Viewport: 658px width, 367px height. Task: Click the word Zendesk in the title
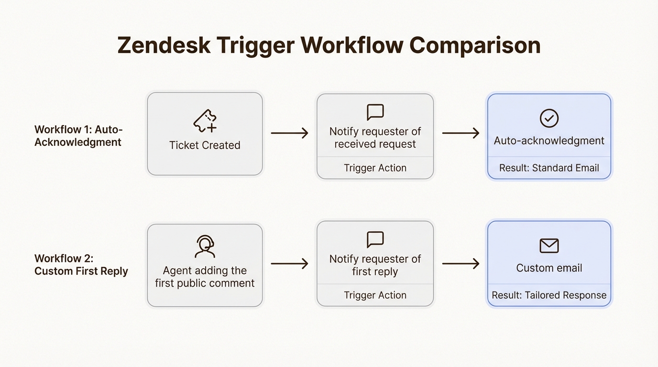point(164,46)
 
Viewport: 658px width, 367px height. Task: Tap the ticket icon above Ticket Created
point(205,121)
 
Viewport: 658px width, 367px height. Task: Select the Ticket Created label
point(205,145)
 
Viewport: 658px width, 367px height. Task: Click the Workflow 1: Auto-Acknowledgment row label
point(78,136)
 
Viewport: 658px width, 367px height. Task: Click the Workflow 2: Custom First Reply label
point(81,265)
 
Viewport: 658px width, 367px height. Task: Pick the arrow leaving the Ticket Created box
point(289,133)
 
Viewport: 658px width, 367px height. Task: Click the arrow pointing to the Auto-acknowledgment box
point(461,133)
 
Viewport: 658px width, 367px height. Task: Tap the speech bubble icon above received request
point(375,112)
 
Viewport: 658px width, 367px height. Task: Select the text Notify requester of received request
point(375,138)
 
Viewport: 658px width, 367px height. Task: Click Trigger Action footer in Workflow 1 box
point(375,168)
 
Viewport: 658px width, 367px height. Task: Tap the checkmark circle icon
point(549,118)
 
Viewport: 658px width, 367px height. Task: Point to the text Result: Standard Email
point(549,168)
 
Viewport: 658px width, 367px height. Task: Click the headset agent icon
point(205,247)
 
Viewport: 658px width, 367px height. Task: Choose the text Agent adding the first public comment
point(205,277)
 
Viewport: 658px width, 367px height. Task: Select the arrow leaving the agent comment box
point(289,263)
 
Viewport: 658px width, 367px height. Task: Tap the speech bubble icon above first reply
point(375,240)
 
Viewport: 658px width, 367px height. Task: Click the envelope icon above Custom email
point(549,246)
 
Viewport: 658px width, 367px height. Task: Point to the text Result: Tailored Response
point(549,295)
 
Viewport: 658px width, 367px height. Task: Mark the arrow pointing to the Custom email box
point(461,263)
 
